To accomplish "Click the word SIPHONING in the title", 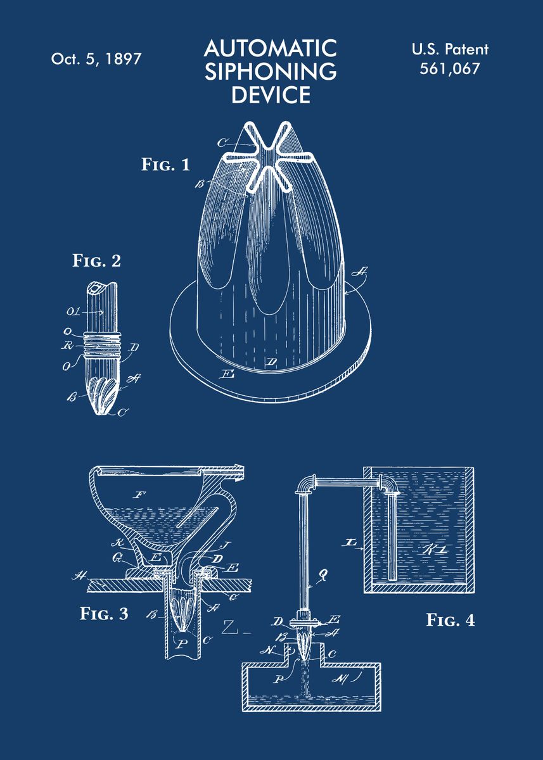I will [271, 71].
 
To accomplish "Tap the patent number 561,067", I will [450, 69].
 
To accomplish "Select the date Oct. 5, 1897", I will [96, 59].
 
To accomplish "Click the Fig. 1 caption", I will [165, 165].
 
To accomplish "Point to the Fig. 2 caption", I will [96, 260].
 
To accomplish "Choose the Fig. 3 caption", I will [104, 613].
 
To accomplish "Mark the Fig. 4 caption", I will [450, 619].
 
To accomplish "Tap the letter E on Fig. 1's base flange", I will [226, 374].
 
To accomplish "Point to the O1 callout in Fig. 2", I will [73, 312].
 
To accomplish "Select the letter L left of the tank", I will [347, 543].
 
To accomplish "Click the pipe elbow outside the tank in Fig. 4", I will [306, 484].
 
